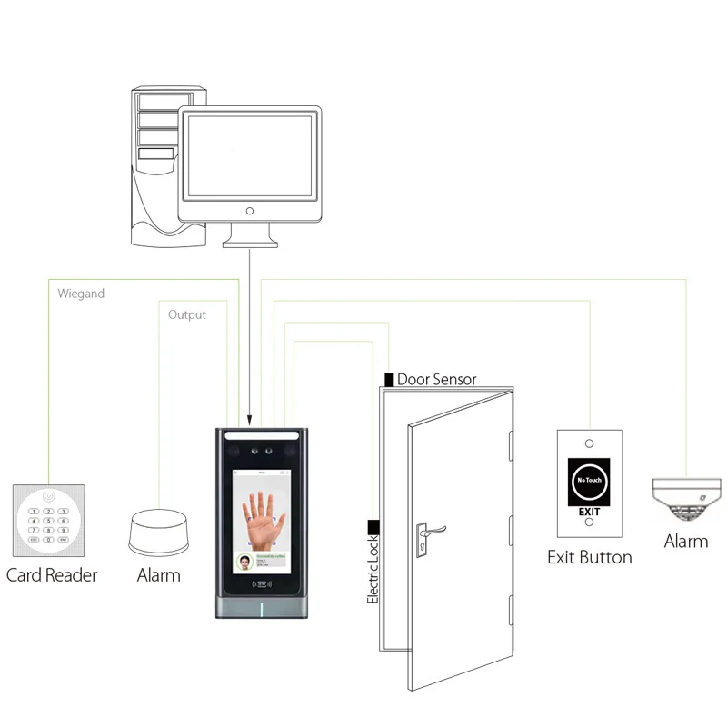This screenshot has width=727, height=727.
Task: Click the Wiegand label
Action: click(81, 294)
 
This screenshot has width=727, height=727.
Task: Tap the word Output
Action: click(187, 314)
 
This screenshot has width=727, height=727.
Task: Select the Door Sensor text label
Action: click(436, 379)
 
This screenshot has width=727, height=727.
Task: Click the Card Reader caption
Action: click(52, 574)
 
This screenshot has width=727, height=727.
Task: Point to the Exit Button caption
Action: click(589, 556)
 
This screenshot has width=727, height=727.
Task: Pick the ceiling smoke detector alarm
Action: click(685, 497)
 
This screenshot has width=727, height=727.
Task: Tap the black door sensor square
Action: click(389, 378)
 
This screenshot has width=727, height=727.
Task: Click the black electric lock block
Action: click(373, 525)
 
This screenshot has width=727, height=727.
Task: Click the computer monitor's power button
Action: click(250, 211)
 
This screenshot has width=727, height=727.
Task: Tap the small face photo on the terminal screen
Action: click(244, 561)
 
